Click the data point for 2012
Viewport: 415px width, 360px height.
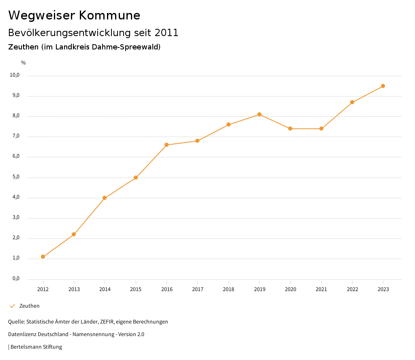[43, 257]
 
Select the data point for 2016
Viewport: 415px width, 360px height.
[167, 145]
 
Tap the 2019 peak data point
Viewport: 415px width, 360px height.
[259, 114]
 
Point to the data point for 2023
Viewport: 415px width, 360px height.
[383, 86]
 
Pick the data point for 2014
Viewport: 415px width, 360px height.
[105, 198]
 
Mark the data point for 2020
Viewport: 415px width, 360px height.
[290, 129]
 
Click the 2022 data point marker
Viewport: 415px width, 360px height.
[352, 102]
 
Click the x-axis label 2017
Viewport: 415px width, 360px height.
[197, 289]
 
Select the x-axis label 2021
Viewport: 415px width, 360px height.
[321, 289]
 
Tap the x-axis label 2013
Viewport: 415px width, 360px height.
[74, 289]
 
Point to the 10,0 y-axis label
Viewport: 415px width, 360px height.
[15, 75]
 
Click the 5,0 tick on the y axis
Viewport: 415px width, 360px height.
[16, 177]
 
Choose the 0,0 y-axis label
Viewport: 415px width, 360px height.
[16, 279]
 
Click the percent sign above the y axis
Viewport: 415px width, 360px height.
[23, 63]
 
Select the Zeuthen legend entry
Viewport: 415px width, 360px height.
[29, 306]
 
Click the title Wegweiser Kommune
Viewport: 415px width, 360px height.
[74, 15]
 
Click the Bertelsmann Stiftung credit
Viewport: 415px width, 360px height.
[36, 347]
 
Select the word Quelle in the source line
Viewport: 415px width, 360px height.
[16, 322]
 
